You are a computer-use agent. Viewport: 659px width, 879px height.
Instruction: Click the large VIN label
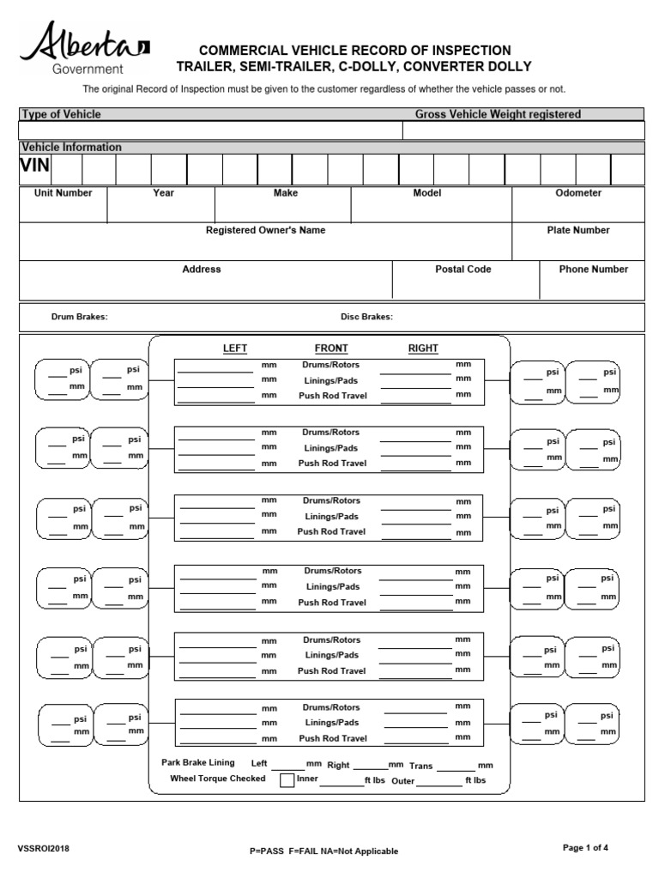tap(35, 167)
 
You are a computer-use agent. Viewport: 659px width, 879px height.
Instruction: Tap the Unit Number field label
tap(63, 193)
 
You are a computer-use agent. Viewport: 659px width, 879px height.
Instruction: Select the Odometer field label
tap(578, 193)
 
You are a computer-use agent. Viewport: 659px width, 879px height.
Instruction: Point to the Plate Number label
tap(578, 230)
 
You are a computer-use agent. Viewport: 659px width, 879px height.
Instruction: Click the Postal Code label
tap(463, 269)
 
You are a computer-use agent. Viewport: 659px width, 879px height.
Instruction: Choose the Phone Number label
tap(594, 269)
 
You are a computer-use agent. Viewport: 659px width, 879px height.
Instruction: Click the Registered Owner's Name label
tap(265, 230)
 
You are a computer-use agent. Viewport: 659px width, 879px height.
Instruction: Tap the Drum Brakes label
tap(80, 317)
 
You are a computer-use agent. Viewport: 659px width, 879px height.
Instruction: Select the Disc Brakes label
tap(366, 317)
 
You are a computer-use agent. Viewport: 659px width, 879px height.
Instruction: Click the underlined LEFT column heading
tap(235, 349)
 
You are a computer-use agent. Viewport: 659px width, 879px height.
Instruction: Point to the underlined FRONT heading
tap(331, 349)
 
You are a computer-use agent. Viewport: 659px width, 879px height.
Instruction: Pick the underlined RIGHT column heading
tap(423, 349)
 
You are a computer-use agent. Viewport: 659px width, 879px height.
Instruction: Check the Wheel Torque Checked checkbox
tap(287, 779)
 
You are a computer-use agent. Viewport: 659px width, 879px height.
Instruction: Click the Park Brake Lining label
tap(199, 762)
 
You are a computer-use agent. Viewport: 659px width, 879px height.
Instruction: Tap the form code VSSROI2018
tap(44, 849)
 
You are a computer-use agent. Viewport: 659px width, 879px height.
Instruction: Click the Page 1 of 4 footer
tap(585, 848)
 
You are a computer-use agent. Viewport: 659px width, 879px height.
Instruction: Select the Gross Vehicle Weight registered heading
tap(498, 114)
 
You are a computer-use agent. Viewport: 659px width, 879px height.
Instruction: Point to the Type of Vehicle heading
tap(61, 114)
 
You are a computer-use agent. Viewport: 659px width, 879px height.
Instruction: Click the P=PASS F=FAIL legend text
tap(323, 851)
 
